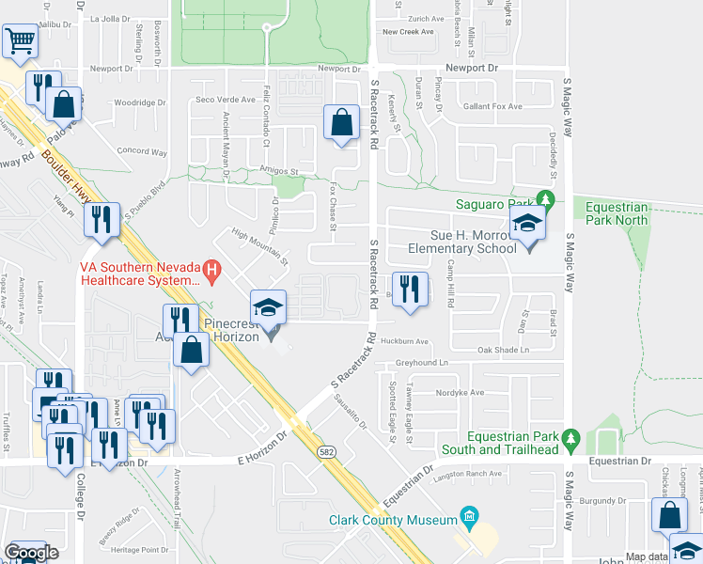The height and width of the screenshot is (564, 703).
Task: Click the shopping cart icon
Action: pyautogui.click(x=20, y=41)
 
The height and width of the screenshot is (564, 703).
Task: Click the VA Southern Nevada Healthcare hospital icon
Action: pyautogui.click(x=212, y=273)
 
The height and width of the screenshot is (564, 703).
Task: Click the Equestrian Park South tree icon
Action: pyautogui.click(x=569, y=438)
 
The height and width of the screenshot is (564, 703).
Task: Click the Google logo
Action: pyautogui.click(x=31, y=553)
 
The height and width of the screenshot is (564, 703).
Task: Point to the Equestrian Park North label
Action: pyautogui.click(x=617, y=213)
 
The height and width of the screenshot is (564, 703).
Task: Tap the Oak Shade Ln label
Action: pyautogui.click(x=504, y=350)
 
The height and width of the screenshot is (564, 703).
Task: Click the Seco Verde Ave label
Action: pyautogui.click(x=225, y=100)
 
